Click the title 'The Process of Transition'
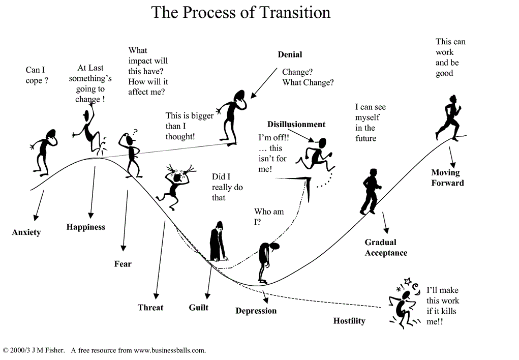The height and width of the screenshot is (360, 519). [x=240, y=13]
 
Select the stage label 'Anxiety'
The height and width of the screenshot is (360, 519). [x=26, y=232]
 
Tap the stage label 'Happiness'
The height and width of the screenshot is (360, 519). [x=86, y=227]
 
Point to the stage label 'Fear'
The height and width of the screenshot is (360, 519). [x=123, y=263]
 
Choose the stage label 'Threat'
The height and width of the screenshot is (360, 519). [x=150, y=307]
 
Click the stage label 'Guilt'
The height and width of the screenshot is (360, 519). [x=199, y=307]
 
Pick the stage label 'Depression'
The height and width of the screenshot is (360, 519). [x=256, y=311]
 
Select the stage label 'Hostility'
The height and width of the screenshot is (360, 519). [x=349, y=320]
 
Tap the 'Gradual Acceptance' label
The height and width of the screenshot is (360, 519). [x=386, y=248]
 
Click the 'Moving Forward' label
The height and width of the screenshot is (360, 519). [x=447, y=177]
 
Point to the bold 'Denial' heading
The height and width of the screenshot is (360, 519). [x=290, y=54]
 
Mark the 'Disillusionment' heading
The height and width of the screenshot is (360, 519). [x=296, y=124]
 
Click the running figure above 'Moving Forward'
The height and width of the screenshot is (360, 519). [x=448, y=117]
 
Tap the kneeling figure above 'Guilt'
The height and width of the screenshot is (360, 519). [x=218, y=241]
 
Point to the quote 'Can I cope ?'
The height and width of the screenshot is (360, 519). [x=37, y=75]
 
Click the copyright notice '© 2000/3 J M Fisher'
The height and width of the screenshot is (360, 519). [x=34, y=350]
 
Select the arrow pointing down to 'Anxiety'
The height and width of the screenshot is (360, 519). [x=39, y=205]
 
